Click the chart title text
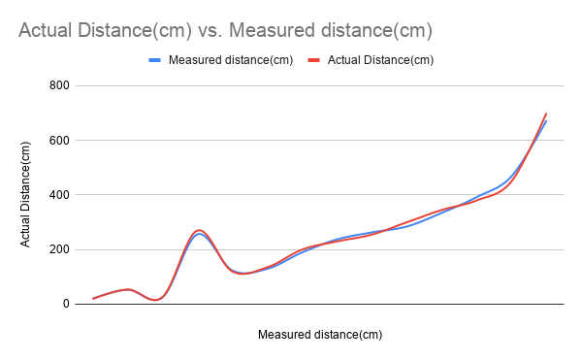tap(225, 31)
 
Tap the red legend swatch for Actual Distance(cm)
tap(314, 60)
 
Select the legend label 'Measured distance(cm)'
tap(230, 60)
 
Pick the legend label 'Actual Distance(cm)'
tap(380, 60)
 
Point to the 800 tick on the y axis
tap(60, 85)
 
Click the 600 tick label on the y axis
tap(60, 140)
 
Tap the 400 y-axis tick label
tap(60, 195)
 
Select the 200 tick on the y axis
tap(60, 249)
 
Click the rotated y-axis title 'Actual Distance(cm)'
tap(26, 194)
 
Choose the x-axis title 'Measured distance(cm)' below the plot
tap(320, 335)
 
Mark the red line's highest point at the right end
tap(546, 114)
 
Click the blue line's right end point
tap(546, 120)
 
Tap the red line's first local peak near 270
tap(199, 230)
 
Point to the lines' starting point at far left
tap(93, 298)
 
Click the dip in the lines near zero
tap(155, 300)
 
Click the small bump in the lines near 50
tap(128, 289)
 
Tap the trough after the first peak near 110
tap(243, 274)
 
